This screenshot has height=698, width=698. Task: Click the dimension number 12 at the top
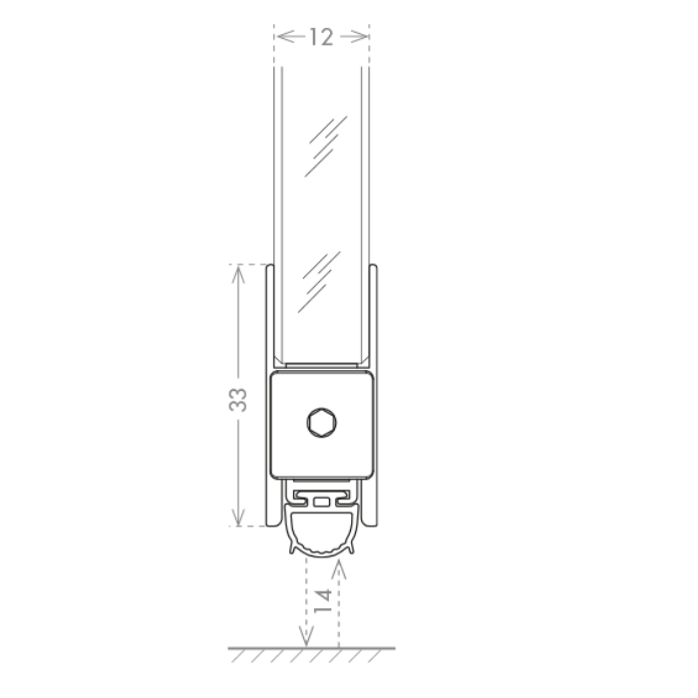tap(321, 37)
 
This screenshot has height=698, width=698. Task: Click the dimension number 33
tap(238, 400)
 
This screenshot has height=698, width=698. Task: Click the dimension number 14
tap(323, 600)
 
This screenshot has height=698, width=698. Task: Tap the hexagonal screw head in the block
tap(321, 423)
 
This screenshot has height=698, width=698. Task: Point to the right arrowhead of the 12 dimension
tap(358, 36)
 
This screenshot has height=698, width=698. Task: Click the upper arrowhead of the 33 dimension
tap(238, 273)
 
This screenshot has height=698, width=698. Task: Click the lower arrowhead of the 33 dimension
tap(238, 517)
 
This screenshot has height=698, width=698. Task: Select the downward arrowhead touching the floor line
tap(306, 636)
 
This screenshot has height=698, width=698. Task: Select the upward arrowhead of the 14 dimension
tap(339, 569)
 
